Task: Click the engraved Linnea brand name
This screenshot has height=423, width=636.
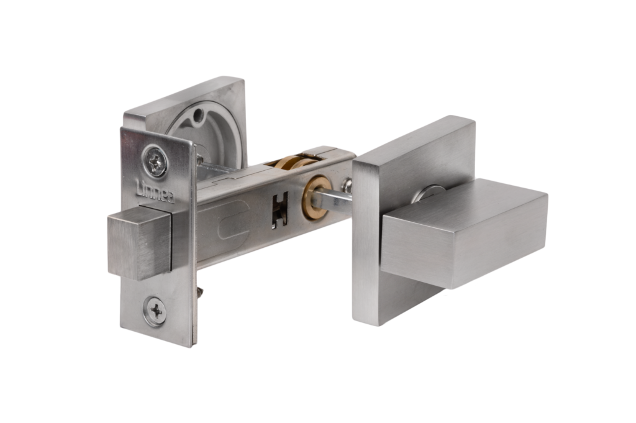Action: (x=155, y=192)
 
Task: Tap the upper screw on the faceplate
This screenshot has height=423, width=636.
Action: (x=155, y=161)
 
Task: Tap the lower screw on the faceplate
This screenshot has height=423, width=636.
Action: (x=157, y=311)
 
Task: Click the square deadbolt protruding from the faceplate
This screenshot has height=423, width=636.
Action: (x=140, y=242)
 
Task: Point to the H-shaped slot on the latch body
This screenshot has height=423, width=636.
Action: (x=280, y=209)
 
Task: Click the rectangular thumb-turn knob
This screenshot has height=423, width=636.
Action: (x=465, y=233)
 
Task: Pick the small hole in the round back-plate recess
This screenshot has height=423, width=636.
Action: (x=198, y=116)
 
